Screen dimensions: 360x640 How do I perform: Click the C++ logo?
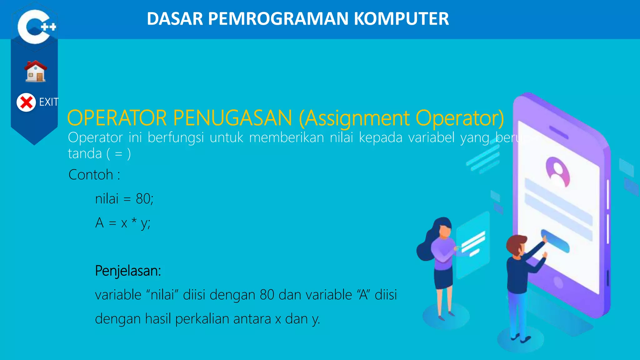pos(35,27)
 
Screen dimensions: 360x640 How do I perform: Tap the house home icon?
pos(36,72)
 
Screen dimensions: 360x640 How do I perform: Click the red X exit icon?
pos(26,102)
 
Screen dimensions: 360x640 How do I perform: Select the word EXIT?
pos(48,102)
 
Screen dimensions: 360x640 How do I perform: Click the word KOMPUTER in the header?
pos(401,19)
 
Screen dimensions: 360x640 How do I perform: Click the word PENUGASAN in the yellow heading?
pos(232,118)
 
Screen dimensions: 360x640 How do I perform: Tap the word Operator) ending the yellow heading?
pos(460,118)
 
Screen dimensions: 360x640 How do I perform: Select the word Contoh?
pos(91,175)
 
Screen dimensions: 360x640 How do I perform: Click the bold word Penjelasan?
pos(127,271)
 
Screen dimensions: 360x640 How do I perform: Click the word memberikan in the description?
pos(286,138)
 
